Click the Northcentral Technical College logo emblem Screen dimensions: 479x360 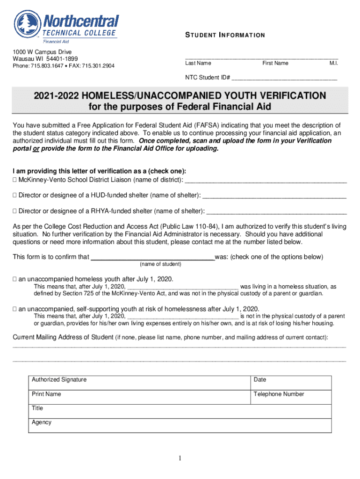coord(28,24)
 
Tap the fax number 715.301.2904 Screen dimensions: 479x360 coord(98,66)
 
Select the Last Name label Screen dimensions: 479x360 coord(198,63)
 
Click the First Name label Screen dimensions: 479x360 coord(275,63)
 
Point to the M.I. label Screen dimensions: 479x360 coord(333,63)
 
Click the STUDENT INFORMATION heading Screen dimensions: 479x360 coord(225,35)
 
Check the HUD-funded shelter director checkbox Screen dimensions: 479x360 coord(15,195)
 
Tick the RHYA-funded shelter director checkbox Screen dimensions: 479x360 coord(15,210)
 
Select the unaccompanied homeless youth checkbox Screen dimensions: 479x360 coord(15,279)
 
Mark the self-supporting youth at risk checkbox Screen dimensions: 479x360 coord(15,309)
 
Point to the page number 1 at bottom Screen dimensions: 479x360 coord(180,458)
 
